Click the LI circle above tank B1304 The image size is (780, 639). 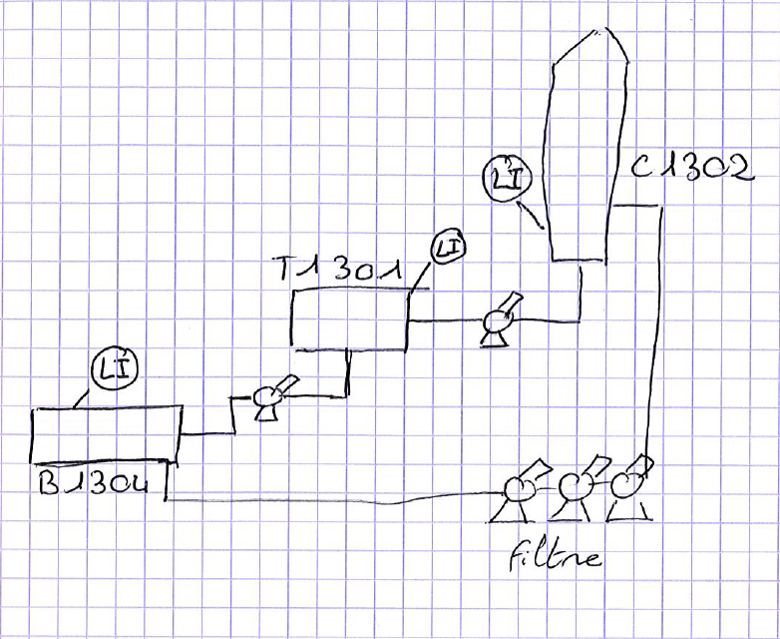click(113, 370)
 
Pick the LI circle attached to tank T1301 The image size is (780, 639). click(448, 247)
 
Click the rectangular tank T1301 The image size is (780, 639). click(349, 321)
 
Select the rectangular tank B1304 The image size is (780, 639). click(105, 434)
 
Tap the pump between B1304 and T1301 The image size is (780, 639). click(269, 397)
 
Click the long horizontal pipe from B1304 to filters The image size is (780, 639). click(329, 498)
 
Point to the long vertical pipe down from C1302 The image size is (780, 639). click(654, 329)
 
